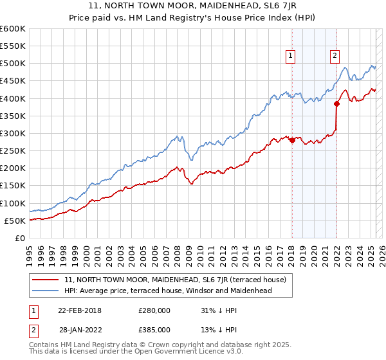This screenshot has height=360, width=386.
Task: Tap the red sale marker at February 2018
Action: pyautogui.click(x=291, y=140)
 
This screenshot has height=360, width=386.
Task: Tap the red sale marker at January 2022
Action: pyautogui.click(x=336, y=104)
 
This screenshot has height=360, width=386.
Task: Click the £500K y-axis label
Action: pyautogui.click(x=12, y=64)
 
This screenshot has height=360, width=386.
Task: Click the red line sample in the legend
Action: pyautogui.click(x=46, y=280)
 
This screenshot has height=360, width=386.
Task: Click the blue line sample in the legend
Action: pyautogui.click(x=46, y=291)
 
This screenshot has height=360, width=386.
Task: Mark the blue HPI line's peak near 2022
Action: pyautogui.click(x=345, y=68)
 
